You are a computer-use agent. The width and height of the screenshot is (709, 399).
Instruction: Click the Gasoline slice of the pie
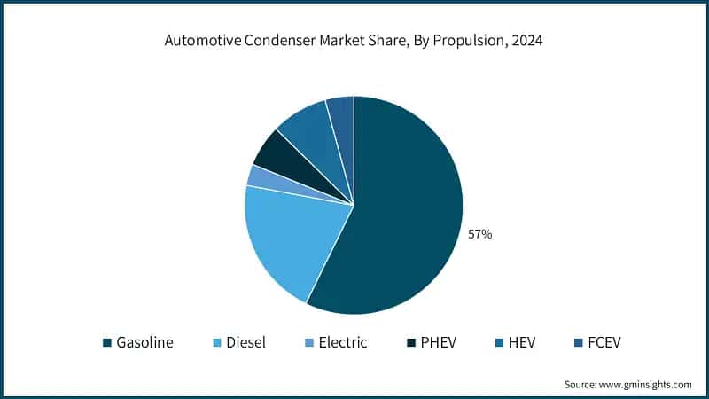click(408, 213)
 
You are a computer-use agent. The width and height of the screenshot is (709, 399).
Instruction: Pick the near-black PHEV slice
click(271, 151)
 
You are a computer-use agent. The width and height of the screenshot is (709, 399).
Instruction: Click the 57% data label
click(479, 235)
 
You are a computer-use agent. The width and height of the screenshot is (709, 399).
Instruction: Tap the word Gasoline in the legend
click(145, 342)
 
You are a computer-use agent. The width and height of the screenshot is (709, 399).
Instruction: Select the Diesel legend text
click(245, 342)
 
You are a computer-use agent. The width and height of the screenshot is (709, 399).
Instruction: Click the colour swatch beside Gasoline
click(107, 343)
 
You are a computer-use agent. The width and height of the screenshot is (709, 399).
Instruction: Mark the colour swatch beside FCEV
click(576, 343)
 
